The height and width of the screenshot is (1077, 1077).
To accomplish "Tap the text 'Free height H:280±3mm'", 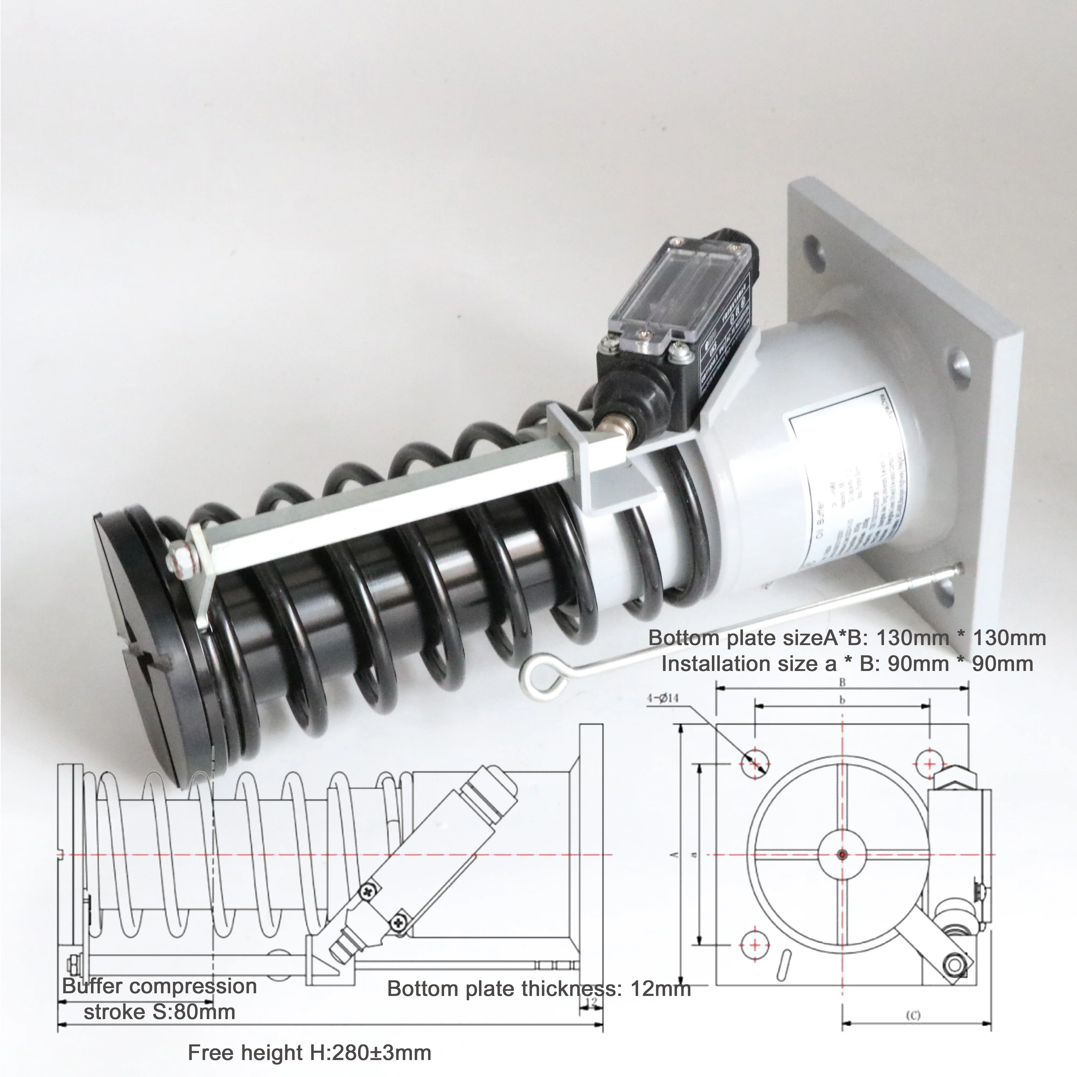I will click(309, 1052).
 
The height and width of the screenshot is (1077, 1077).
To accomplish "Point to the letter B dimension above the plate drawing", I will click(842, 682).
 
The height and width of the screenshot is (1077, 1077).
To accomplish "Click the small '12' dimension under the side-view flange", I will click(592, 1002).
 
